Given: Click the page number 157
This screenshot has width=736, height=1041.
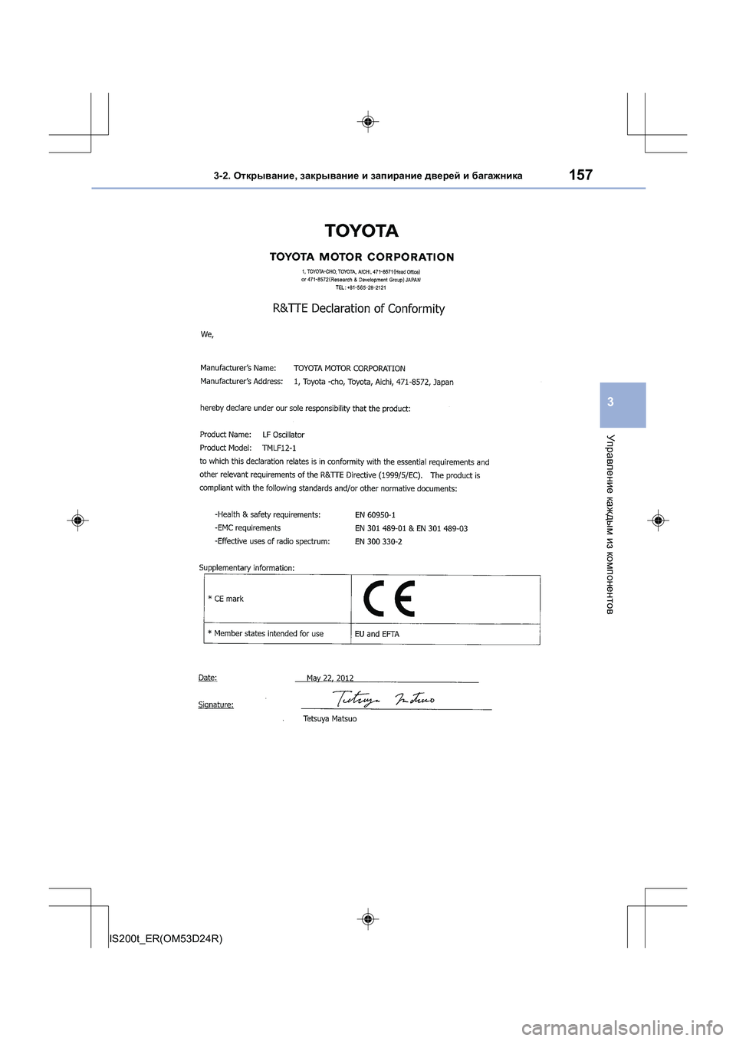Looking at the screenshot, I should pyautogui.click(x=580, y=175).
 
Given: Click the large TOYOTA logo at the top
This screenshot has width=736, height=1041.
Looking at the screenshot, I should pyautogui.click(x=361, y=231).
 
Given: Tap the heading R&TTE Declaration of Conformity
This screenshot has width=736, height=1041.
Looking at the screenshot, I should pyautogui.click(x=359, y=308).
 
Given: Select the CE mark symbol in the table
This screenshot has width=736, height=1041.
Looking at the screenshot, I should pyautogui.click(x=389, y=599).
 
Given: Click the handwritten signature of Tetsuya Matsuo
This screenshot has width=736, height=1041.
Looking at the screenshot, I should pyautogui.click(x=384, y=698).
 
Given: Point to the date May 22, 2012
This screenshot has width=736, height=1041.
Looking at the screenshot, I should pyautogui.click(x=330, y=678).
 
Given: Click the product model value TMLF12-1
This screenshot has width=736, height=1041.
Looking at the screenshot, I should pyautogui.click(x=279, y=448).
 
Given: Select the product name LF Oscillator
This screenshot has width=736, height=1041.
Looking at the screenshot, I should pyautogui.click(x=283, y=435).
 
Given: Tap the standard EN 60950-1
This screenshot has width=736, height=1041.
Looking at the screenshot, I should pyautogui.click(x=375, y=515).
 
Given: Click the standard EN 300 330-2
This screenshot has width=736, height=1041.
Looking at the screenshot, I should pyautogui.click(x=378, y=541).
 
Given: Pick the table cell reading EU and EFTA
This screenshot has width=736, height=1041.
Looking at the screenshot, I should pyautogui.click(x=376, y=634).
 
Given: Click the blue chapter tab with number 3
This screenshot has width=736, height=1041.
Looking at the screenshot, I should pyautogui.click(x=623, y=404).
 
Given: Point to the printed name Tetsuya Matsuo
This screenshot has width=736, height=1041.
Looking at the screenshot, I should pyautogui.click(x=330, y=719).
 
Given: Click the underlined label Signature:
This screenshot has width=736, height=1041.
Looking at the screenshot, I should pyautogui.click(x=215, y=704).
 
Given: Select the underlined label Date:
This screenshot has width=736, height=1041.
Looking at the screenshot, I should pyautogui.click(x=207, y=678).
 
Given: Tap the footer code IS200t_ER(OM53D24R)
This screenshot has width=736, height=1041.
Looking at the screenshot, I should pyautogui.click(x=166, y=938).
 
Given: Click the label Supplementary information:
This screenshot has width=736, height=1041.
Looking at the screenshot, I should pyautogui.click(x=246, y=568).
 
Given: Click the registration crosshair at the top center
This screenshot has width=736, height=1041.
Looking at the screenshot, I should pyautogui.click(x=368, y=121).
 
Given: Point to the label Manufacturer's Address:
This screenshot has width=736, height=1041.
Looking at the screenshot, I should pyautogui.click(x=242, y=381).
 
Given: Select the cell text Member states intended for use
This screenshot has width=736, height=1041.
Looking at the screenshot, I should pyautogui.click(x=268, y=634).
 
